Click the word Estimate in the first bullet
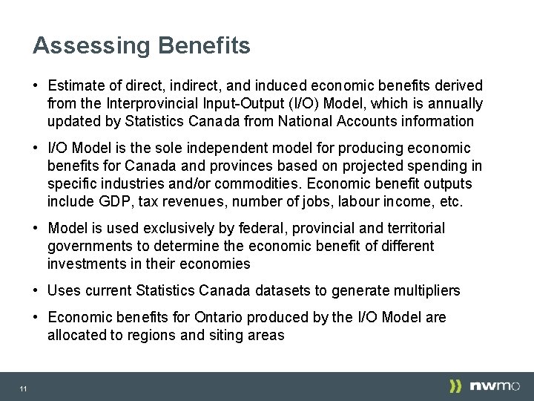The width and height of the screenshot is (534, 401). coord(76,86)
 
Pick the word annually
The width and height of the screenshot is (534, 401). coord(454,103)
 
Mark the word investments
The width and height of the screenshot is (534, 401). coord(83,264)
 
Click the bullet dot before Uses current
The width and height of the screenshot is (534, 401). coord(36,290)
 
